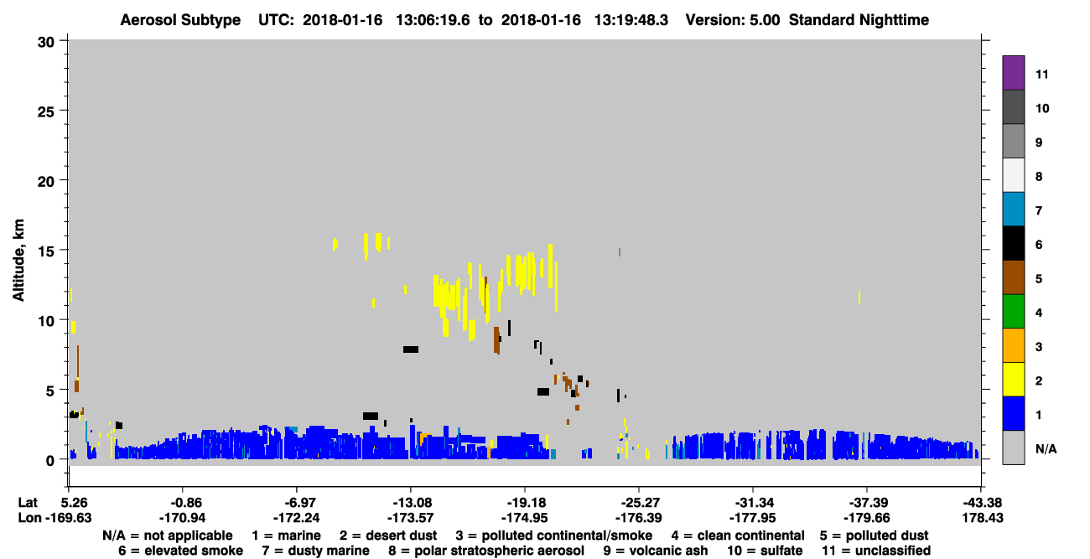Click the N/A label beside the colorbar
click(x=1046, y=448)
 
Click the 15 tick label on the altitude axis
click(x=46, y=251)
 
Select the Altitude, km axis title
click(x=18, y=260)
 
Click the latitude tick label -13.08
click(x=410, y=502)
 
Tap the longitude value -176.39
click(x=638, y=518)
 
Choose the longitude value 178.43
click(x=983, y=518)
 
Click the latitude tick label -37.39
click(x=867, y=502)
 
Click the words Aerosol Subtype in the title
click(x=180, y=20)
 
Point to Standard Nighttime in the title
click(x=859, y=20)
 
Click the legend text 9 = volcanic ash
click(x=656, y=551)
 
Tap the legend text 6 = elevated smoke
click(x=180, y=551)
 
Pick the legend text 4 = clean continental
click(x=738, y=536)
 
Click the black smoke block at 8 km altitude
click(x=411, y=349)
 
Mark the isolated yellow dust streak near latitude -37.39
click(x=859, y=298)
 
